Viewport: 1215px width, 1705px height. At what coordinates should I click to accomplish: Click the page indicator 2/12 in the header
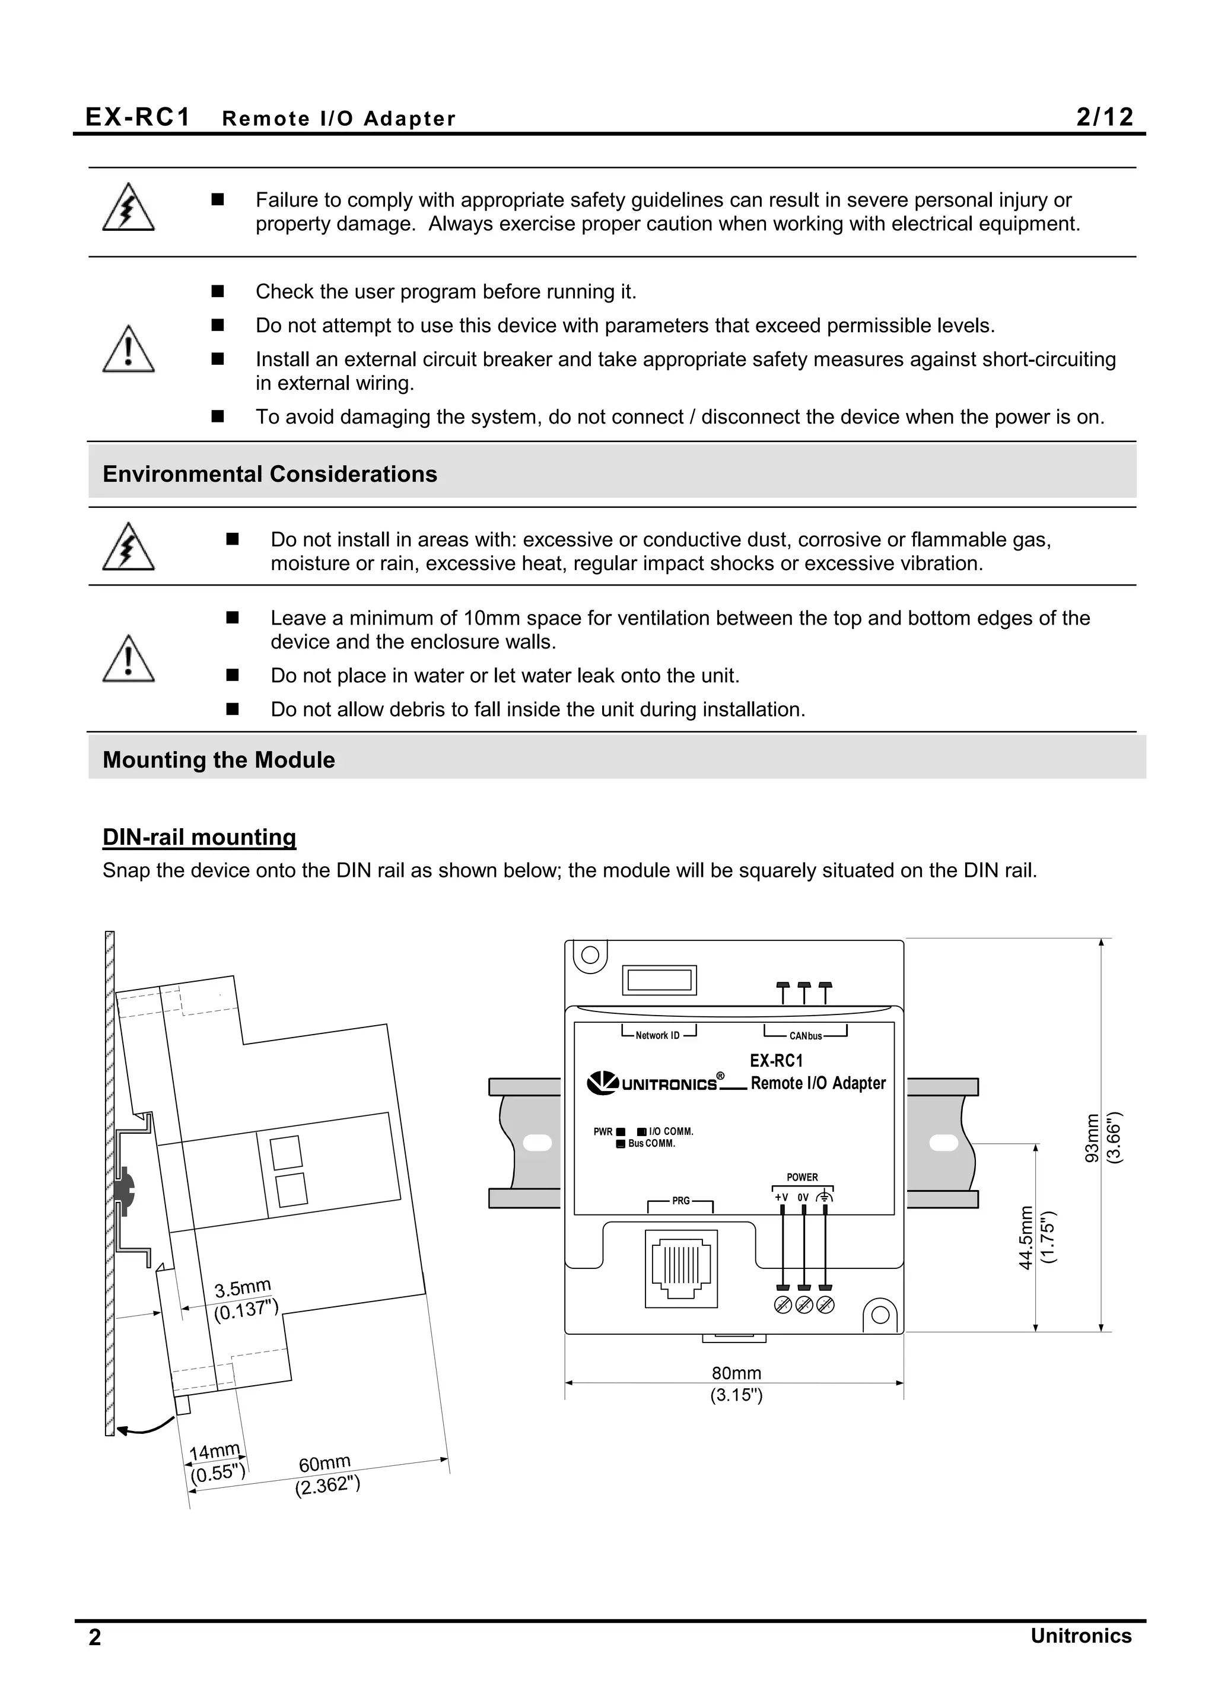pyautogui.click(x=1104, y=117)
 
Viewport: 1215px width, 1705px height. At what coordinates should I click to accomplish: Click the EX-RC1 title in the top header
pyautogui.click(x=138, y=117)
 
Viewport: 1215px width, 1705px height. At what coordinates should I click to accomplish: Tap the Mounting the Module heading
pyautogui.click(x=218, y=759)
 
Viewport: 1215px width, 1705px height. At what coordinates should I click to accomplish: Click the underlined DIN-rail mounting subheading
pyautogui.click(x=199, y=836)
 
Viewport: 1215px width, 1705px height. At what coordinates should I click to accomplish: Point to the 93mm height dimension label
pyautogui.click(x=1092, y=1138)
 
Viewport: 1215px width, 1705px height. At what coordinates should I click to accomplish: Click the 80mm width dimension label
pyautogui.click(x=736, y=1373)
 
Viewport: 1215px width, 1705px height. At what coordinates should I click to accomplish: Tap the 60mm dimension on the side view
pyautogui.click(x=325, y=1464)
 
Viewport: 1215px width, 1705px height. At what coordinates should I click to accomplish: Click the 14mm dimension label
pyautogui.click(x=215, y=1451)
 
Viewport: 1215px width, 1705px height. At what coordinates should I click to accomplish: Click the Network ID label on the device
pyautogui.click(x=657, y=1035)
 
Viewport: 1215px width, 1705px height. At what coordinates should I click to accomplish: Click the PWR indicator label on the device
pyautogui.click(x=603, y=1132)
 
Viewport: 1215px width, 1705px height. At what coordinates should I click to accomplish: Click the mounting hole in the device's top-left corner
pyautogui.click(x=590, y=955)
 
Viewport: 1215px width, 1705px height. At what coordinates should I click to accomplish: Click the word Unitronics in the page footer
pyautogui.click(x=1080, y=1636)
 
